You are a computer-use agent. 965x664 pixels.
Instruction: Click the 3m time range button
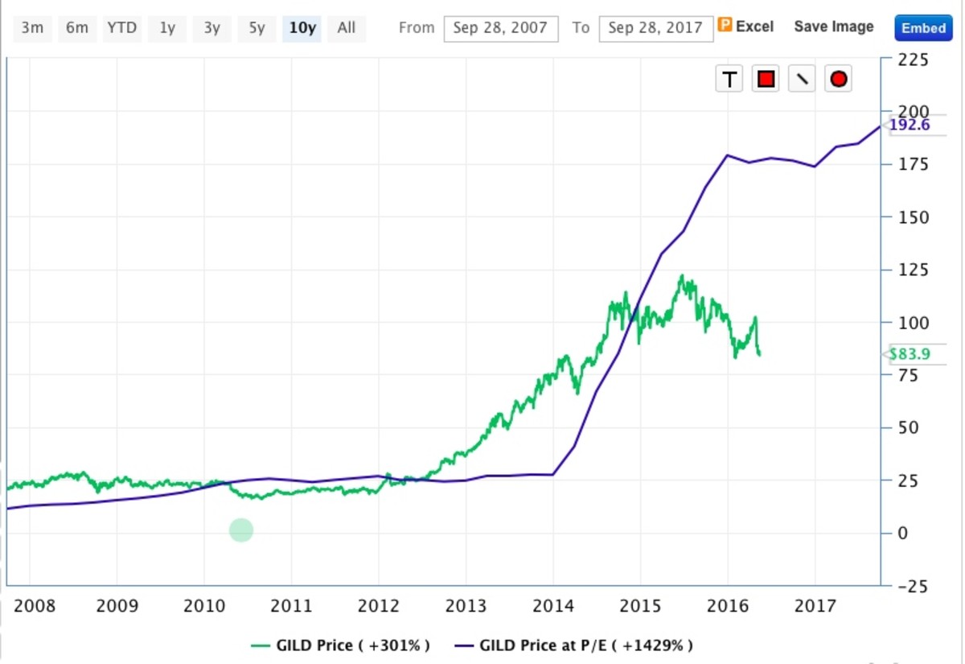tap(32, 28)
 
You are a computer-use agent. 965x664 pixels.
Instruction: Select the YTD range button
tap(121, 28)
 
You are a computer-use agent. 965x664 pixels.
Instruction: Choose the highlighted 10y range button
tap(302, 28)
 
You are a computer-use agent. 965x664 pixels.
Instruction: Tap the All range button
tap(347, 28)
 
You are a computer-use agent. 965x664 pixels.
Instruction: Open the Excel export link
tap(745, 27)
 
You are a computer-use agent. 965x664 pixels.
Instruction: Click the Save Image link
tap(833, 27)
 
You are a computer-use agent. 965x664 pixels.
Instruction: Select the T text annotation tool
tap(729, 79)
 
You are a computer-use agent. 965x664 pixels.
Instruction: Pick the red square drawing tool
tap(766, 79)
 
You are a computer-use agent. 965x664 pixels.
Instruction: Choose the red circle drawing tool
tap(839, 79)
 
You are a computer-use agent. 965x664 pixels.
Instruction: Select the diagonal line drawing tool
tap(802, 79)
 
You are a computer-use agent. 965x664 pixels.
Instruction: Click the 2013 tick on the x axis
tap(466, 605)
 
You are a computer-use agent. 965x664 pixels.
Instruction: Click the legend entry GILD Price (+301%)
tap(341, 645)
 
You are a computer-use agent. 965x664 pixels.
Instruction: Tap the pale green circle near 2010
tap(241, 530)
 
